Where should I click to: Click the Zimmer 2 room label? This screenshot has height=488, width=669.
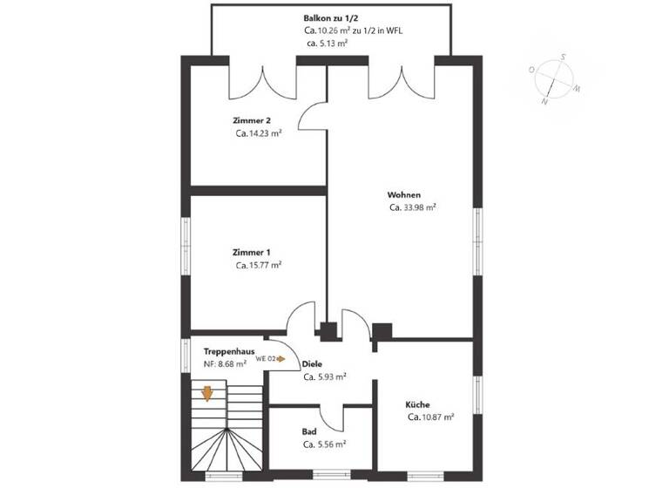click(251, 119)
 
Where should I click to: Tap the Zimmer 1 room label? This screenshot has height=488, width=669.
click(251, 251)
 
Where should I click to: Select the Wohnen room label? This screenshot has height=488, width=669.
click(405, 193)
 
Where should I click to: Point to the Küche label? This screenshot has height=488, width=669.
click(417, 404)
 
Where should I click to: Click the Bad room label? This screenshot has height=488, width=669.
click(309, 430)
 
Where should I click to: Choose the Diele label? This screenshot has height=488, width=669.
click(312, 363)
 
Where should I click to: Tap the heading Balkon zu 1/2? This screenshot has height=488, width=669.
click(328, 17)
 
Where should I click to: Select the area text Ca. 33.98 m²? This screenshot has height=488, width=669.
click(413, 207)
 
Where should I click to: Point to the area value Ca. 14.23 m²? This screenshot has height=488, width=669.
click(258, 133)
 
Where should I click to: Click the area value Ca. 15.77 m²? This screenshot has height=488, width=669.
click(258, 265)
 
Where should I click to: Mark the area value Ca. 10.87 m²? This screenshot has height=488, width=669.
click(430, 417)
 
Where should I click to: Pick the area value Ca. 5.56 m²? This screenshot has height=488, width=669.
click(324, 444)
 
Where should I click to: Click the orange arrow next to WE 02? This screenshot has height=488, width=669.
click(282, 358)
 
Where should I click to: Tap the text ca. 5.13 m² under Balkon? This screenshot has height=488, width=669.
click(328, 42)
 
